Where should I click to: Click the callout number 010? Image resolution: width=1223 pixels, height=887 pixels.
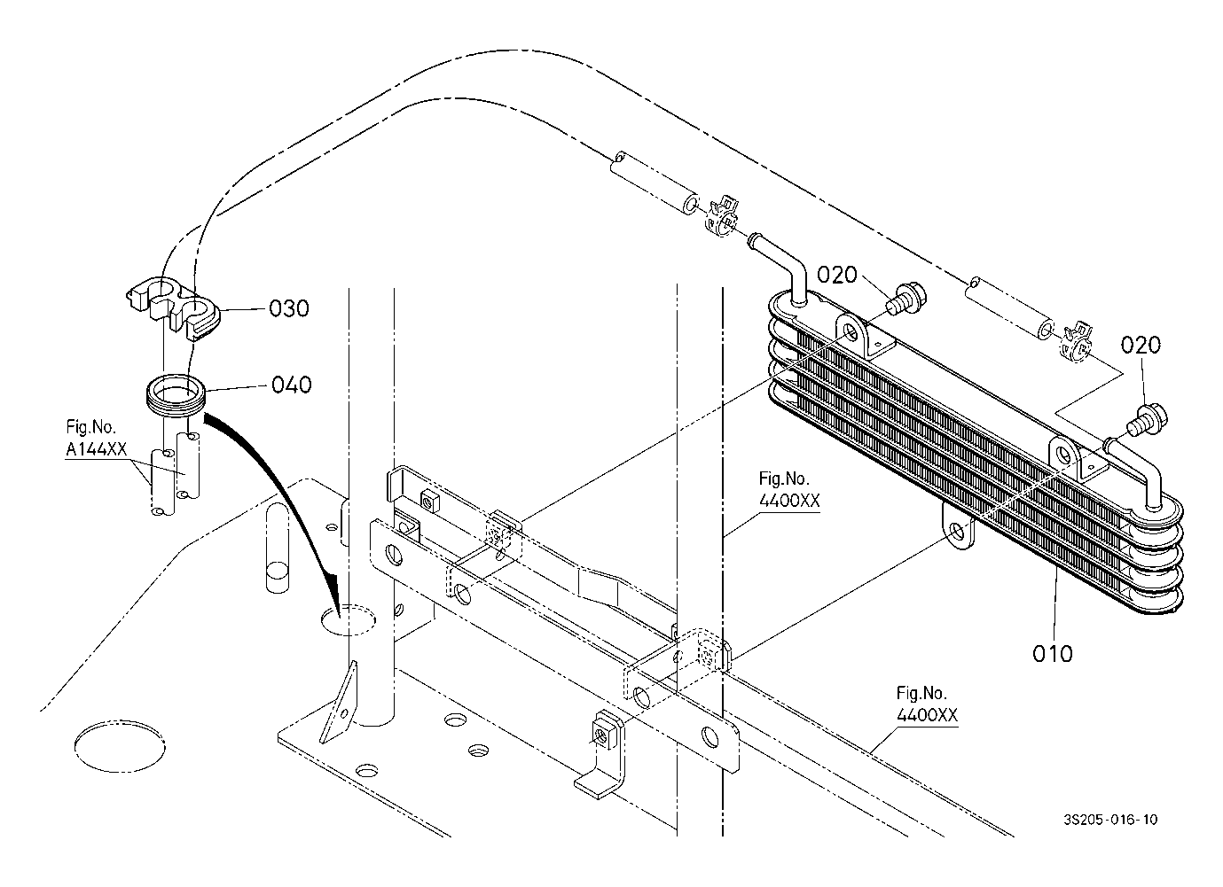tap(1052, 653)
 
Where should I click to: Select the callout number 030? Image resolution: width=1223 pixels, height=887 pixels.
tap(289, 308)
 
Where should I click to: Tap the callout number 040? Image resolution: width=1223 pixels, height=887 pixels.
tap(292, 385)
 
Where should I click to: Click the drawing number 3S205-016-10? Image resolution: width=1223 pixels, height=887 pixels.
tap(1110, 820)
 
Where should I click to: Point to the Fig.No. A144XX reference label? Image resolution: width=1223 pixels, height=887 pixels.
tap(96, 438)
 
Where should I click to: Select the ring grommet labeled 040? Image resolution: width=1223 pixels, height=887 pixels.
tap(176, 395)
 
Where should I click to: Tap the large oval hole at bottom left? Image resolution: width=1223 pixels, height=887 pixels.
tap(120, 747)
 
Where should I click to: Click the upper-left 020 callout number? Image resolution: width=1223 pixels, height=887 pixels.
tap(837, 275)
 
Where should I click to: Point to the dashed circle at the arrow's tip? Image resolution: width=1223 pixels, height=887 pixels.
tap(348, 619)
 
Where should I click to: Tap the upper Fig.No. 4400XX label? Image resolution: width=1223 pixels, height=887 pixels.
tap(789, 490)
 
